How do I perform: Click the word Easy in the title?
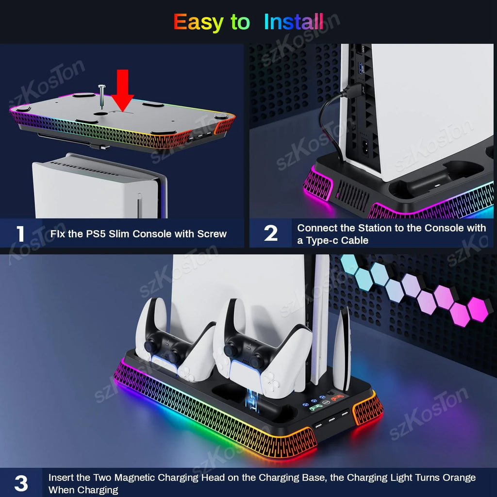coord(199,22)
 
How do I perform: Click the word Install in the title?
coord(294,22)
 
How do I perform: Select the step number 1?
coord(20,233)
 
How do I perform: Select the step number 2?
coord(271,233)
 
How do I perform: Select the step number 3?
coord(21,483)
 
